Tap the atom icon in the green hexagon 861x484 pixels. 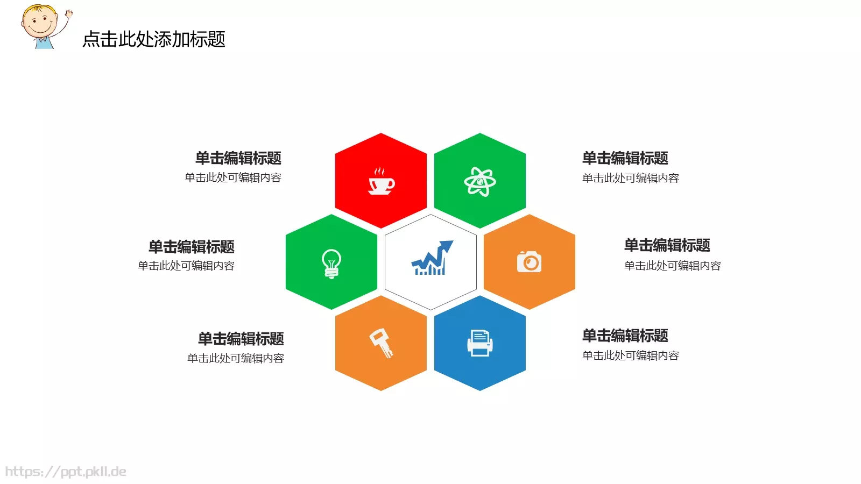coord(479,182)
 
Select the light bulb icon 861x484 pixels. coord(331,263)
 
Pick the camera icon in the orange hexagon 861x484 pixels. coord(529,262)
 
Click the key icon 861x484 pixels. coord(381,343)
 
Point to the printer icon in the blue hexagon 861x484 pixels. coord(479,343)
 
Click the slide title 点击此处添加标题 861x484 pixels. coord(154,39)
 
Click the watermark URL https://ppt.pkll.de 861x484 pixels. coord(66,472)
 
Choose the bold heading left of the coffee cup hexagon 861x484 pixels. coord(238,158)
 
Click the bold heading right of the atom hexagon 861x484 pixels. coord(625,158)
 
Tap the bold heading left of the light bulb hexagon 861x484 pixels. coord(192,247)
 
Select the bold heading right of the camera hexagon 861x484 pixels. coord(667,245)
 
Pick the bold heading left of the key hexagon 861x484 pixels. coord(241,339)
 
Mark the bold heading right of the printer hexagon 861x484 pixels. coord(625,336)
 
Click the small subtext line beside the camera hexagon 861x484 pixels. coord(672,266)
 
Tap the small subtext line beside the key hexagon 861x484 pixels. coord(236,358)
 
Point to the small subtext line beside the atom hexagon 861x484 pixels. coord(630,178)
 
